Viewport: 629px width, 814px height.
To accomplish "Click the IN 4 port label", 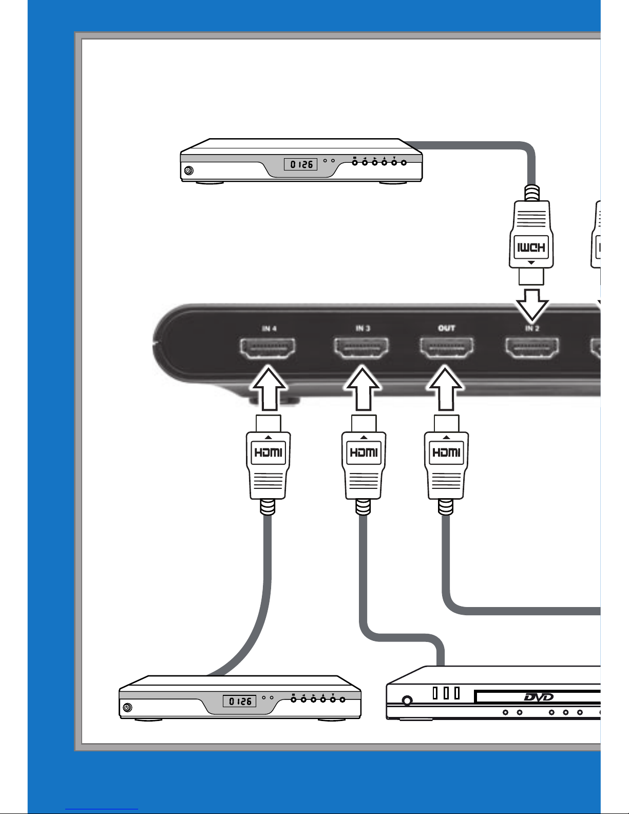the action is [269, 329].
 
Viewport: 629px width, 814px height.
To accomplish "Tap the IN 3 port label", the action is [363, 328].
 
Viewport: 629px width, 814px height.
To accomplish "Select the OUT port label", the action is [446, 328].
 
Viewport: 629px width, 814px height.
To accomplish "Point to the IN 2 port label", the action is [531, 328].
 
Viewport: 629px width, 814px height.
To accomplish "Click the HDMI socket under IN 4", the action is [268, 348].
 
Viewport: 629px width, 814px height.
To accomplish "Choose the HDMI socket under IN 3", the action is [361, 348].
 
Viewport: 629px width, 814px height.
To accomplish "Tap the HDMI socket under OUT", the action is [447, 348].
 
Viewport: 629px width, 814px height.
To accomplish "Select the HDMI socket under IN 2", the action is [532, 348].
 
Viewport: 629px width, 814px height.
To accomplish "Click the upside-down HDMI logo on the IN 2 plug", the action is [531, 247].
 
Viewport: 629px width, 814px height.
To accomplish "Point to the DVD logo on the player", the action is [539, 697].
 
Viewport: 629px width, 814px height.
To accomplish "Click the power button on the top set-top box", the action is [189, 171].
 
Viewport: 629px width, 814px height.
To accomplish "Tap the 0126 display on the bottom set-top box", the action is [240, 701].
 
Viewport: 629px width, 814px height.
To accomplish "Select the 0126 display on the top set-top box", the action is [301, 164].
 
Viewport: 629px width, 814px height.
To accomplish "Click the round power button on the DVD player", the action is [407, 700].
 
